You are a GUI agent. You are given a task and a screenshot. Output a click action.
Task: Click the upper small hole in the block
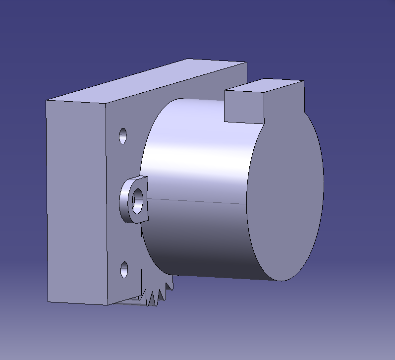pyautogui.click(x=123, y=135)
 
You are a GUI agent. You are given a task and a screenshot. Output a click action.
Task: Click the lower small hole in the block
pyautogui.click(x=124, y=270)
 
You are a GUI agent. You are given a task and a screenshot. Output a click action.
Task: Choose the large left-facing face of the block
pyautogui.click(x=77, y=198)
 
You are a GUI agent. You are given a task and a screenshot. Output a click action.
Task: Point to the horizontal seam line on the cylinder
pyautogui.click(x=198, y=201)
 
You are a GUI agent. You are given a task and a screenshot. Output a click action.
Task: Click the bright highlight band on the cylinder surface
pyautogui.click(x=198, y=154)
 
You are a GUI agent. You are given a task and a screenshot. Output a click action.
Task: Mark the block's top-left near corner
pyautogui.click(x=46, y=100)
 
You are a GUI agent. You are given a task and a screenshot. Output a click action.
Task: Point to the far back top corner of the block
pyautogui.click(x=246, y=63)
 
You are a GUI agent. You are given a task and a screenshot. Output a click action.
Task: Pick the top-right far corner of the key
pyautogui.click(x=303, y=81)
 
